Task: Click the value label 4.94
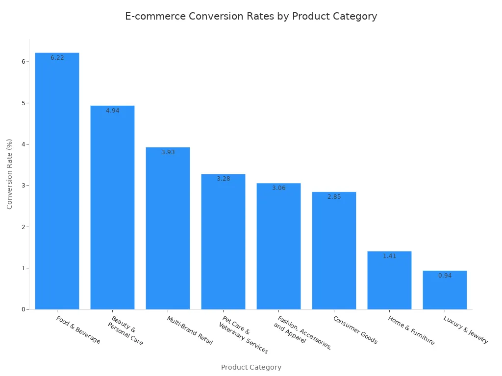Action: (x=112, y=111)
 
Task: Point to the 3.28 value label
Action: (x=223, y=179)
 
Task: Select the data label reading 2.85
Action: (x=334, y=197)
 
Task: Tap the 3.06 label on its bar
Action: (x=278, y=188)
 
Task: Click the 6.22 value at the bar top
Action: (x=57, y=58)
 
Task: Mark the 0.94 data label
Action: (x=445, y=276)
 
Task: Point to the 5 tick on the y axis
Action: (x=23, y=103)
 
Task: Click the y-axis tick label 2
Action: (x=23, y=227)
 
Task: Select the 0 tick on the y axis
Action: (x=23, y=309)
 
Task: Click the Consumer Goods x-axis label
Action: (x=355, y=330)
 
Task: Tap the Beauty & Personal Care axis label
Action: (x=125, y=331)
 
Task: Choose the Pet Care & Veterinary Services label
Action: (x=243, y=334)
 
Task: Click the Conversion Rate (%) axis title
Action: (x=10, y=174)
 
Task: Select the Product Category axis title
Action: (x=251, y=367)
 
